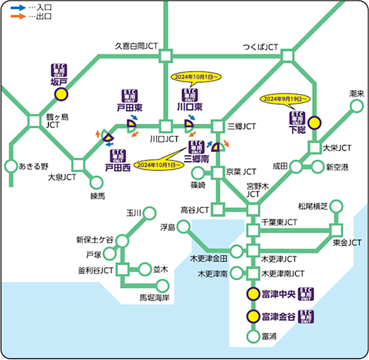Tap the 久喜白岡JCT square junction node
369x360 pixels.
(165, 56)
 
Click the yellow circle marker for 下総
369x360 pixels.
(314, 123)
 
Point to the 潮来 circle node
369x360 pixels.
(356, 106)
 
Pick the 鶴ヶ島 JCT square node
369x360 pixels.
(35, 122)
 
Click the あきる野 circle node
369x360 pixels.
(10, 165)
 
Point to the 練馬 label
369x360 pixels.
(97, 196)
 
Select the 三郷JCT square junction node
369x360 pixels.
(217, 126)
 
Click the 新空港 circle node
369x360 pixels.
(318, 167)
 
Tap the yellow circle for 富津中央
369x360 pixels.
(252, 294)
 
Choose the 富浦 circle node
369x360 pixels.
(252, 337)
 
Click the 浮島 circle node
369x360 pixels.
(183, 226)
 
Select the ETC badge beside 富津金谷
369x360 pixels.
(306, 316)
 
